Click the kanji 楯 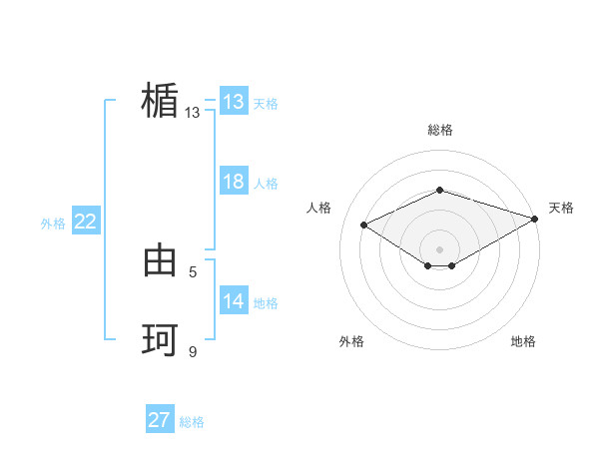click(160, 102)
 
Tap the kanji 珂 click(160, 340)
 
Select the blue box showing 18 click(234, 182)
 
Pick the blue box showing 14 click(234, 301)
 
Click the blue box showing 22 click(85, 222)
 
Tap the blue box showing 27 click(160, 420)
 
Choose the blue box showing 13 click(234, 102)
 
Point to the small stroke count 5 click(193, 271)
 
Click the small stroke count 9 click(193, 351)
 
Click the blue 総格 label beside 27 click(192, 422)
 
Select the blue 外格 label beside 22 click(53, 224)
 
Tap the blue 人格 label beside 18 click(266, 184)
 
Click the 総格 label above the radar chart click(439, 130)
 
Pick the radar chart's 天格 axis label click(561, 208)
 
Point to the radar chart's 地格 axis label click(523, 341)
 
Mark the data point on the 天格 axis click(536, 218)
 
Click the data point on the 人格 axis click(364, 225)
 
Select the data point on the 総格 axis click(439, 190)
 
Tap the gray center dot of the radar click(439, 248)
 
